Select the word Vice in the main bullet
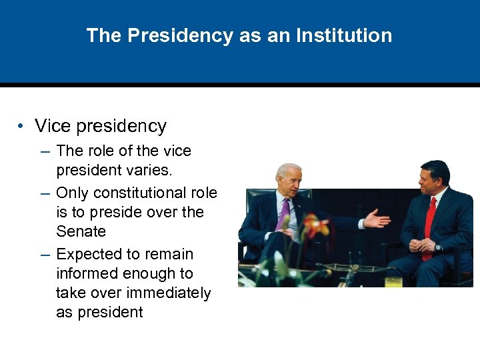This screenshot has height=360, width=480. (x=52, y=126)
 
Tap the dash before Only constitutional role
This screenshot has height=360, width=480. (x=45, y=193)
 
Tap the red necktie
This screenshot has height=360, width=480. (x=429, y=223)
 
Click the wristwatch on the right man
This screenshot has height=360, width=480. (x=437, y=247)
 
